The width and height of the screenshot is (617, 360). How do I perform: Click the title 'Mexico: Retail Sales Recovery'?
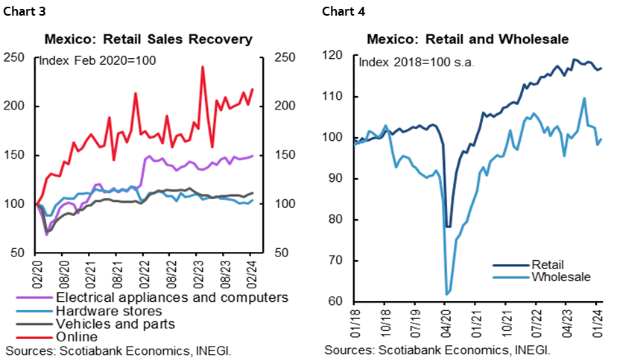point(148,39)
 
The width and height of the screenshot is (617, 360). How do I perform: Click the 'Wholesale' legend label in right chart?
point(560,277)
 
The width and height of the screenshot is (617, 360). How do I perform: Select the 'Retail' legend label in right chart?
point(548,265)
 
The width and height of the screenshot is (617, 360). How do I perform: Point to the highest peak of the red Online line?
point(203,67)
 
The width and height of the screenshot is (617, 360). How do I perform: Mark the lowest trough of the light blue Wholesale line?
point(447,294)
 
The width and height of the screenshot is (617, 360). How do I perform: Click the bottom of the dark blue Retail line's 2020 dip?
point(448,226)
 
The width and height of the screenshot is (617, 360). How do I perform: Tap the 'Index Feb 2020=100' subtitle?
point(96,60)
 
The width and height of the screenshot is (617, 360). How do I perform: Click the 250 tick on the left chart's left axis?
point(14,57)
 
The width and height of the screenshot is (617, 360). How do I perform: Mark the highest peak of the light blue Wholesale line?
point(583,98)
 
